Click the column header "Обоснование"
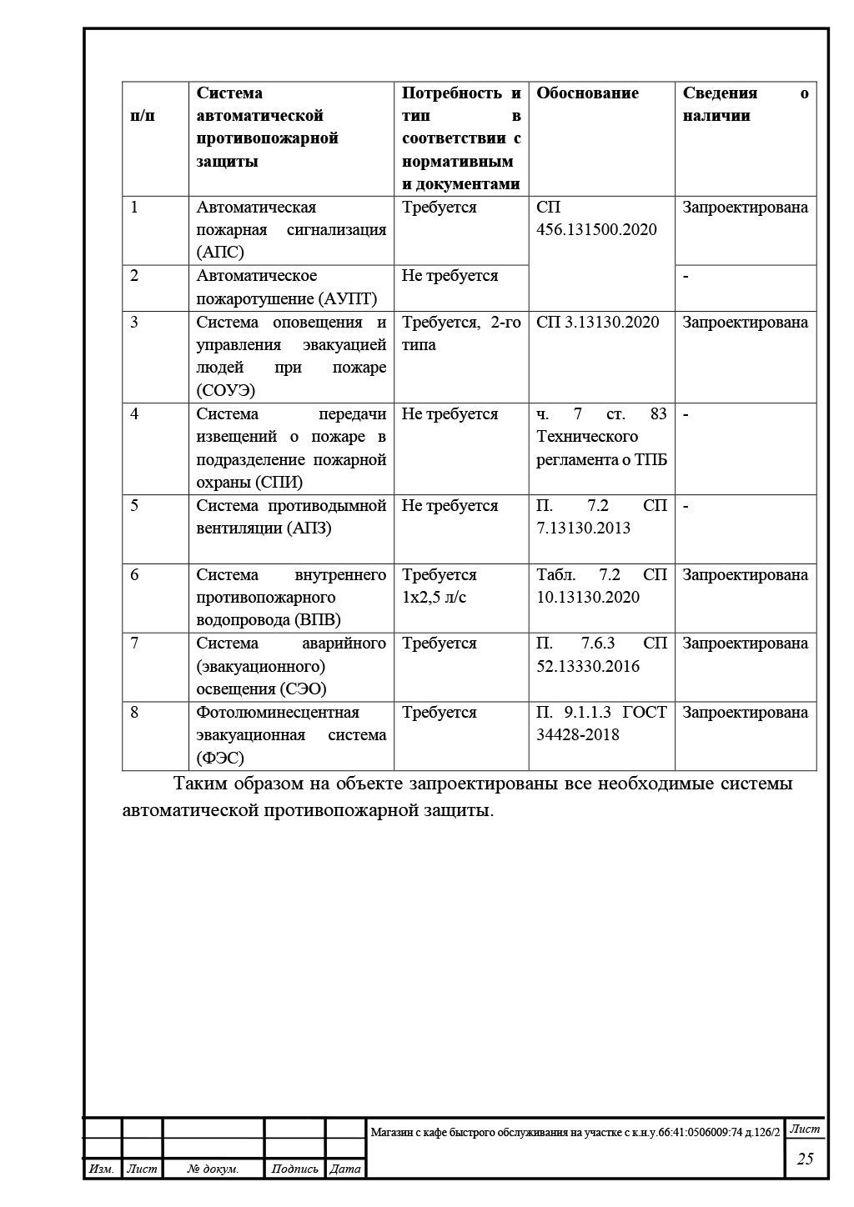pyautogui.click(x=587, y=93)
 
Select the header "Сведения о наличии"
pyautogui.click(x=745, y=104)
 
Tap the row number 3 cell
pyautogui.click(x=134, y=323)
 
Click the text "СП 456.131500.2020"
pyautogui.click(x=596, y=218)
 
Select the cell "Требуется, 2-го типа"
pyautogui.click(x=460, y=333)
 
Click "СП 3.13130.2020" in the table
pyautogui.click(x=597, y=323)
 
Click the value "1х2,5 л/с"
pyautogui.click(x=434, y=597)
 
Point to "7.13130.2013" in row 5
pyautogui.click(x=583, y=528)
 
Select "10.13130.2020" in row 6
pyautogui.click(x=588, y=597)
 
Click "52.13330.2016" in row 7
pyautogui.click(x=588, y=666)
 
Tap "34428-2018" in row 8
pyautogui.click(x=578, y=734)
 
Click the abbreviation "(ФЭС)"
pyautogui.click(x=220, y=758)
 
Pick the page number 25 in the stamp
pyautogui.click(x=805, y=1159)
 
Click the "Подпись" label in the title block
pyautogui.click(x=294, y=1169)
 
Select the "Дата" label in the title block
pyautogui.click(x=345, y=1169)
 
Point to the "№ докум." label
pyautogui.click(x=213, y=1169)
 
